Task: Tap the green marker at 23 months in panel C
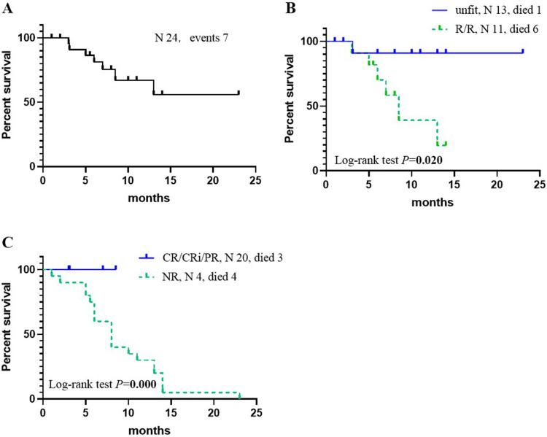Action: tap(239, 395)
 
